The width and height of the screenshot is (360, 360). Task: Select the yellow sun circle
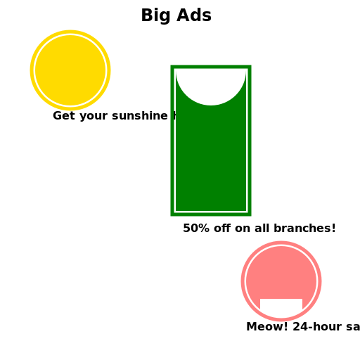70,70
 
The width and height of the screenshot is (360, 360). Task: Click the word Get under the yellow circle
63,116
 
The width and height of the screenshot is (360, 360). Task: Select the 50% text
195,229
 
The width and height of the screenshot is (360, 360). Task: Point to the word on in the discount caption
242,229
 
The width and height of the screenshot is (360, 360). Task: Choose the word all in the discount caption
262,229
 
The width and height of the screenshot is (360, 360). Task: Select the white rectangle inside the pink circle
281,307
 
